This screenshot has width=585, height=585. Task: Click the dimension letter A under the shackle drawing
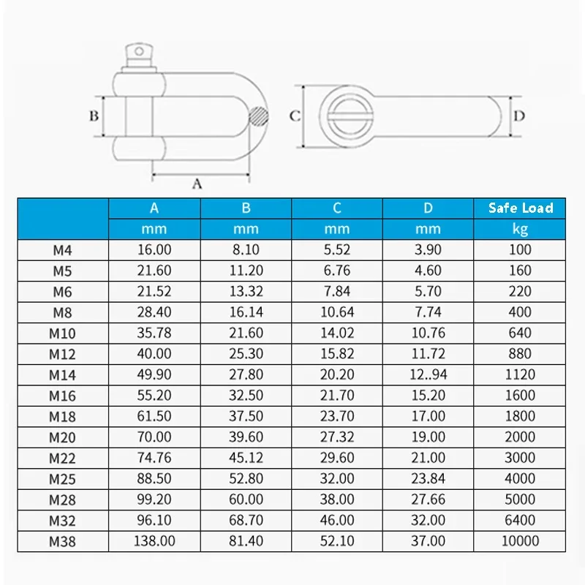coord(196,184)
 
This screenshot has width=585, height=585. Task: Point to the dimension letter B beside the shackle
coord(94,116)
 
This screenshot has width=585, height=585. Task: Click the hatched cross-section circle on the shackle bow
coord(257,116)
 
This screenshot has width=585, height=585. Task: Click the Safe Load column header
coord(521,208)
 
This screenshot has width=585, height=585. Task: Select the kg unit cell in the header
coord(521,229)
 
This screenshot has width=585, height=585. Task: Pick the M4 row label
coord(63,249)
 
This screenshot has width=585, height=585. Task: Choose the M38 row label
coord(63,541)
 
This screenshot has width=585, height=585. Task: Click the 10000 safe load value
coord(521,541)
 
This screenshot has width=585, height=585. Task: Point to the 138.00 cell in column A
coord(154,541)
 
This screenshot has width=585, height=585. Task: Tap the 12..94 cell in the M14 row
coord(429,374)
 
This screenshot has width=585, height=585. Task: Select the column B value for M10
coord(246,333)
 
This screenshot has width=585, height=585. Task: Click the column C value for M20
coord(337,437)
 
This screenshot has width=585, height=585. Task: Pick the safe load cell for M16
coord(521,395)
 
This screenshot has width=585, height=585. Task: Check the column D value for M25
coord(429,478)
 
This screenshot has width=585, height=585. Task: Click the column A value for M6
coord(154,291)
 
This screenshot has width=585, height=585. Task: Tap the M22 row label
coord(63,458)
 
